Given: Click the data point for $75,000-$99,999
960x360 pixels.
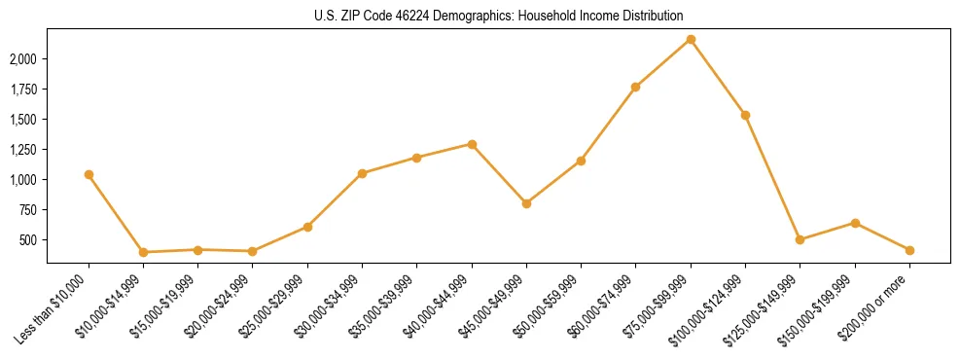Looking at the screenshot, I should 691,39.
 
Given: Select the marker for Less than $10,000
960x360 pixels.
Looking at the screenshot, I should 89,174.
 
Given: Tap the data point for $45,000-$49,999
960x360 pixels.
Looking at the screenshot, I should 526,203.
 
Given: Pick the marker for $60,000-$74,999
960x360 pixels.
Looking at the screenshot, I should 635,87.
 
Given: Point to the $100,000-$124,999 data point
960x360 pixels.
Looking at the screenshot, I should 745,115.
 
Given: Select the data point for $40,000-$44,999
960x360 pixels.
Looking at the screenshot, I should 472,144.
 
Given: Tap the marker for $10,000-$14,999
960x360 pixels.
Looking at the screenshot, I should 143,252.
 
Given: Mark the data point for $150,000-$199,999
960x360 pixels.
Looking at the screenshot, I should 855,223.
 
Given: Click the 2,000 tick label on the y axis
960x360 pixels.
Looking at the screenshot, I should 22,59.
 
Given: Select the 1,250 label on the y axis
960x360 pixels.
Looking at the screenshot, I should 22,150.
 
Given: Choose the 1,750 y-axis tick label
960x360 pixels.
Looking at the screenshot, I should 22,90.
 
